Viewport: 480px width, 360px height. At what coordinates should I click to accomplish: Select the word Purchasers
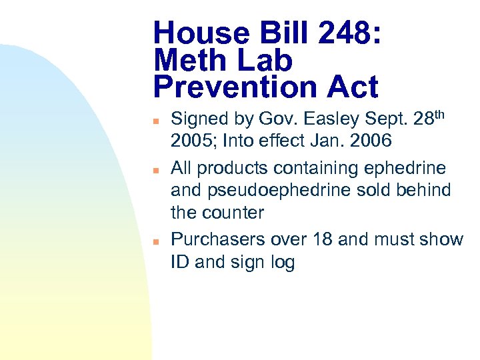tap(218, 239)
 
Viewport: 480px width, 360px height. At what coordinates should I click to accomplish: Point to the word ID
tap(180, 262)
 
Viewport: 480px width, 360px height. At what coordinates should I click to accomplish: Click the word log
tap(281, 262)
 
